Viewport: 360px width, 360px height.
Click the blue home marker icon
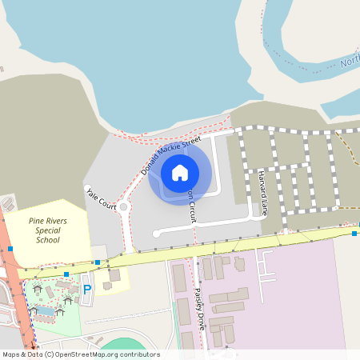pyautogui.click(x=180, y=172)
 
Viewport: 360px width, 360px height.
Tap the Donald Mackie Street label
pyautogui.click(x=170, y=156)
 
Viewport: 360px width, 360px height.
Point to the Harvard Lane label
pyautogui.click(x=262, y=194)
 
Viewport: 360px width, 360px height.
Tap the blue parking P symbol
pyautogui.click(x=87, y=288)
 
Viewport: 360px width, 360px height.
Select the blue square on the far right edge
pyautogui.click(x=354, y=234)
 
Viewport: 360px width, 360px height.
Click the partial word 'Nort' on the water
pyautogui.click(x=349, y=62)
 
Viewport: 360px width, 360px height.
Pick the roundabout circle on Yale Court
pyautogui.click(x=123, y=206)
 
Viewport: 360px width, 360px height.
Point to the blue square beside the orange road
pyautogui.click(x=10, y=249)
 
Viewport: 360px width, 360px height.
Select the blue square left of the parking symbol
pyautogui.click(x=66, y=274)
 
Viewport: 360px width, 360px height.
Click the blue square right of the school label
pyautogui.click(x=97, y=262)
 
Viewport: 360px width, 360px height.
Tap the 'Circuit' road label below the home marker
pyautogui.click(x=190, y=207)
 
